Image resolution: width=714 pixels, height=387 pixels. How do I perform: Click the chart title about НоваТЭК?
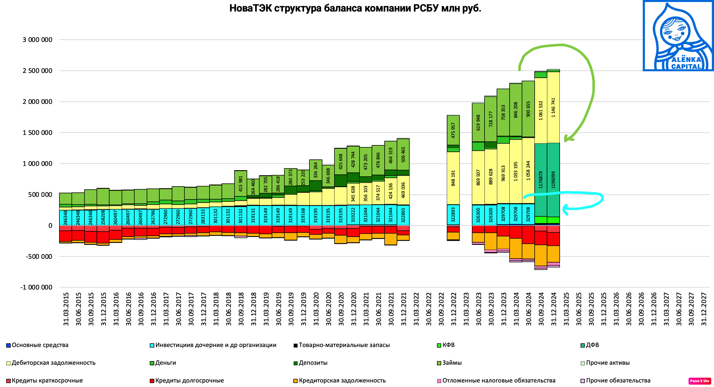pos(355,8)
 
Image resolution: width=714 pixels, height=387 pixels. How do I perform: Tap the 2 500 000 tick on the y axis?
pos(37,71)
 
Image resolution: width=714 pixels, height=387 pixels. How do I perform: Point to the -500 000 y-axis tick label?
pos(39,257)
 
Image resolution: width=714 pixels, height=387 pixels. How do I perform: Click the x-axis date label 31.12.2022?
pos(454,309)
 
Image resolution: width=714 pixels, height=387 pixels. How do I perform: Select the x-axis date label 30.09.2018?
pos(241,309)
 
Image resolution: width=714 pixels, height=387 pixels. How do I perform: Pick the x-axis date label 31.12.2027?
pos(704,309)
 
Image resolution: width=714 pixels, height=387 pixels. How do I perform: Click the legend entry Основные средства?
pos(40,345)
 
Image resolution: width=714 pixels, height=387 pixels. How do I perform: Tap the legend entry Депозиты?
pos(313,363)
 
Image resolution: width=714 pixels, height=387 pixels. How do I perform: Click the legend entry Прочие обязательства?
pos(618,381)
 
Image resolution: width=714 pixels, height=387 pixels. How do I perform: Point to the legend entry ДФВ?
pos(592,345)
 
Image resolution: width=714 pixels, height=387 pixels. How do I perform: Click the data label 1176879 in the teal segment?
pos(541,180)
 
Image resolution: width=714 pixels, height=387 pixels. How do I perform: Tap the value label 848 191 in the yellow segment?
pos(453,178)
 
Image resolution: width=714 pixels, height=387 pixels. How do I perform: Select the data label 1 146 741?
pos(553,108)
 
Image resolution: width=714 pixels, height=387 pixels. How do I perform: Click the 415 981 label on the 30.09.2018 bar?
pos(241,184)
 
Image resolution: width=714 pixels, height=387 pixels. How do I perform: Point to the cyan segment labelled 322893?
pos(453,215)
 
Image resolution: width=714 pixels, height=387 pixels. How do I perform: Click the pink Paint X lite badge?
pos(700,381)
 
